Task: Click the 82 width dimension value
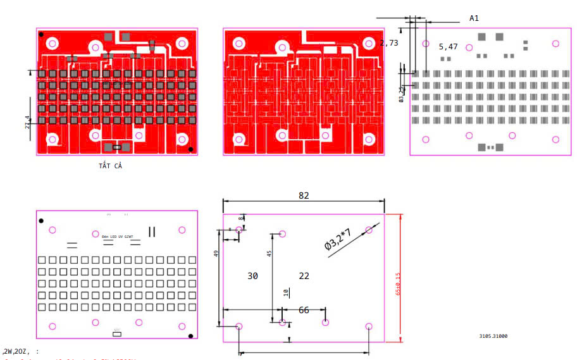[304, 196]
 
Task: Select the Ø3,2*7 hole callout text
[338, 240]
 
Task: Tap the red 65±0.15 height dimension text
[398, 284]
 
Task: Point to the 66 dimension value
[304, 310]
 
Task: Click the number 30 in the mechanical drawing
[252, 276]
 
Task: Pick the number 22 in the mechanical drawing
[304, 276]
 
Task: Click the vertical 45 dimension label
[269, 253]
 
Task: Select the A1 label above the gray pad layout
[474, 18]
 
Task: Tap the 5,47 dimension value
[448, 47]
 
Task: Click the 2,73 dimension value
[389, 43]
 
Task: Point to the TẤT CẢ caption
[110, 166]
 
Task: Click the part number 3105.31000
[493, 337]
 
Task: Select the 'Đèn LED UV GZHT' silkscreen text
[118, 236]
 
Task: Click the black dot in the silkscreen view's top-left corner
[41, 221]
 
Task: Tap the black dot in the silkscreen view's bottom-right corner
[190, 335]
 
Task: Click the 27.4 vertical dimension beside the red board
[27, 122]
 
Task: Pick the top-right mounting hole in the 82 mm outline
[369, 230]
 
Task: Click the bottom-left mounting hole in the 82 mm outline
[239, 326]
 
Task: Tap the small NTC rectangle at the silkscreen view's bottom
[116, 332]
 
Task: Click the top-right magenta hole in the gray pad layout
[555, 44]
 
